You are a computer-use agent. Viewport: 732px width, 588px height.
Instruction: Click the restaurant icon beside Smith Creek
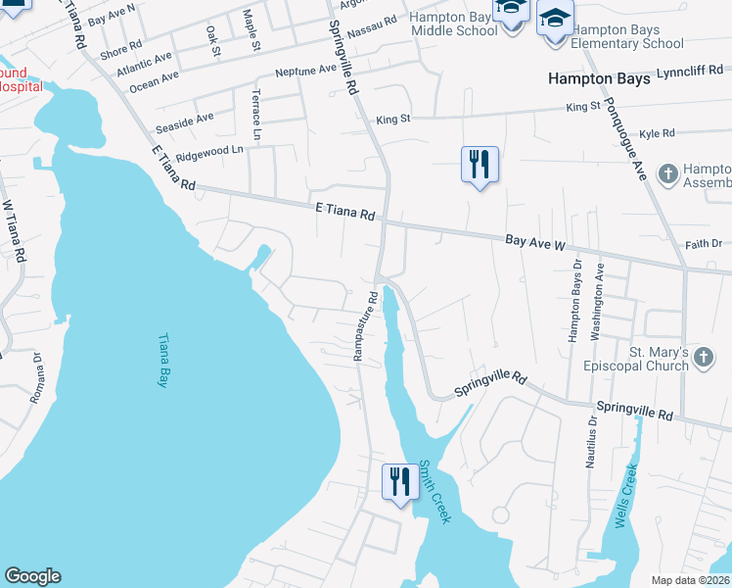399,482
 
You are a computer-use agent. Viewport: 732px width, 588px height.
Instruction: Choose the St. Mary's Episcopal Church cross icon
704,360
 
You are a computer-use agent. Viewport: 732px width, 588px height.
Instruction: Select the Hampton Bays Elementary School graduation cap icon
556,20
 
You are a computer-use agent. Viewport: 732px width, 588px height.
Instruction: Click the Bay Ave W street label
535,240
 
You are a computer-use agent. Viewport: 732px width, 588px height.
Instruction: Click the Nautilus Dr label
592,444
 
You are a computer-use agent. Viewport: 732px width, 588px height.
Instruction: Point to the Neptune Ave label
305,71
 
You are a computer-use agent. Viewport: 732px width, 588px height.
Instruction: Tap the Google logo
32,576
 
